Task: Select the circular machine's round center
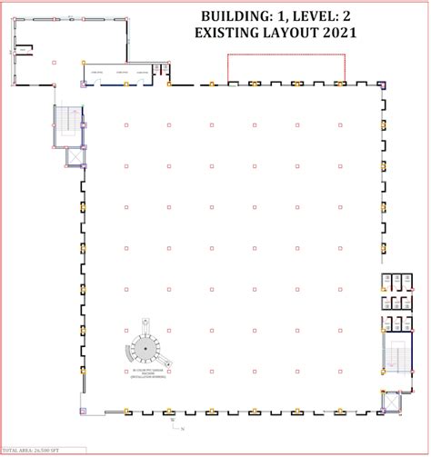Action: (145, 347)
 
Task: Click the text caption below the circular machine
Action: (146, 374)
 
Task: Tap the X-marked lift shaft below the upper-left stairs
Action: (73, 156)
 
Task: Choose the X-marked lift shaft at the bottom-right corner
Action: (391, 399)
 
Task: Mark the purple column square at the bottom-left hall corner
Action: (84, 412)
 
